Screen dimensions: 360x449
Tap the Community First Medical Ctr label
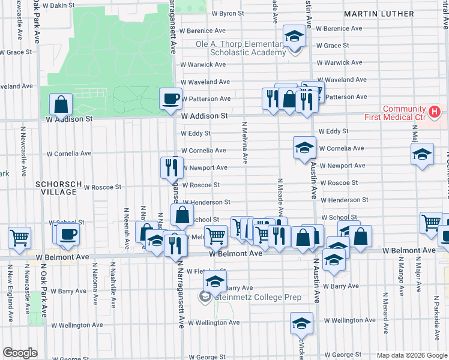[x=396, y=113]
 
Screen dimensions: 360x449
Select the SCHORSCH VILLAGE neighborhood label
[x=56, y=188]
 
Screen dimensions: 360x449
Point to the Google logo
[x=20, y=353]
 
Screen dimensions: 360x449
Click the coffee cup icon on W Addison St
[x=170, y=98]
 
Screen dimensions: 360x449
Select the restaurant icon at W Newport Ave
[x=171, y=167]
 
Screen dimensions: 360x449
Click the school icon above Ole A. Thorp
[x=294, y=35]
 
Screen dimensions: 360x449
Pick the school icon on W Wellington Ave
[x=301, y=323]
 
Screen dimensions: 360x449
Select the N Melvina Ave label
[x=245, y=142]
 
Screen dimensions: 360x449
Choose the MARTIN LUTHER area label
[x=379, y=13]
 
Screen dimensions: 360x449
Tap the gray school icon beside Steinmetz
[x=205, y=296]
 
